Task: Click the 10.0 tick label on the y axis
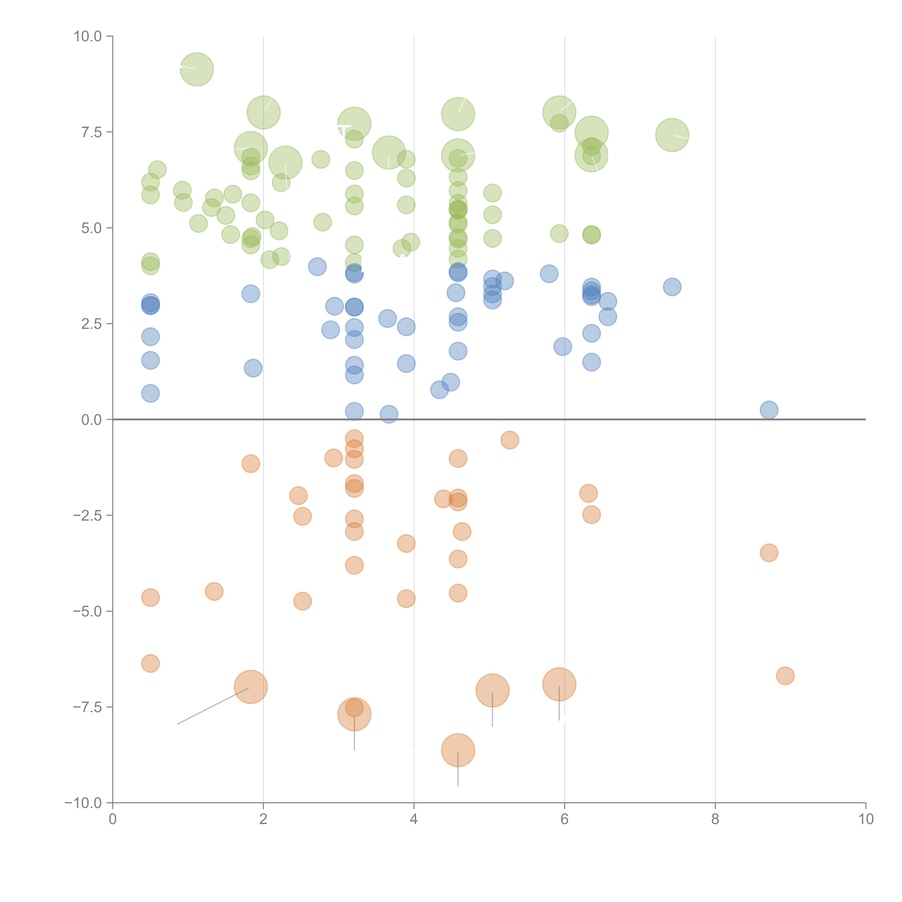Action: click(x=88, y=36)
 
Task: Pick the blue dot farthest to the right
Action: click(x=769, y=410)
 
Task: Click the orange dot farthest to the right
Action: click(x=785, y=676)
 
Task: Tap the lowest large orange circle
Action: click(x=458, y=750)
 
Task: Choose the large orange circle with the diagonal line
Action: click(x=251, y=687)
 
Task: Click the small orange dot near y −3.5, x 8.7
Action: click(x=769, y=553)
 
